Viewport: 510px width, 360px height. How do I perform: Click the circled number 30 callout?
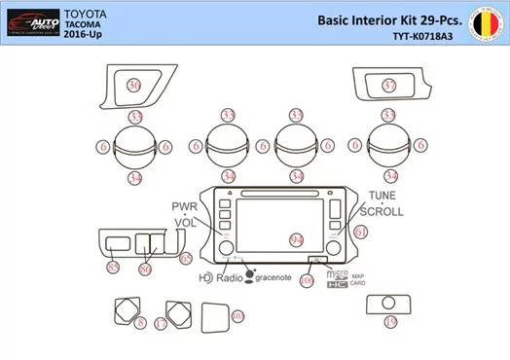point(133,87)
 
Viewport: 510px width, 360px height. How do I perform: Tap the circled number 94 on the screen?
point(297,239)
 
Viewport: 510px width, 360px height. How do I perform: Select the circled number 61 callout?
point(360,233)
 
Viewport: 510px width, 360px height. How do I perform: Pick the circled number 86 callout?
point(146,268)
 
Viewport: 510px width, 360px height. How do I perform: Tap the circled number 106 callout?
point(307,280)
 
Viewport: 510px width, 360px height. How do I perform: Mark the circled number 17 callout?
point(161,321)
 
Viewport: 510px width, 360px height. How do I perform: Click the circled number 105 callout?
point(237,317)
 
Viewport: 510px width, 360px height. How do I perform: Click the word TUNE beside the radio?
point(381,196)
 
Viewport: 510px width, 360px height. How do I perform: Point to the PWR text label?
point(185,207)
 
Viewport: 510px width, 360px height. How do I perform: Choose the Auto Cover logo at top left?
point(31,20)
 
